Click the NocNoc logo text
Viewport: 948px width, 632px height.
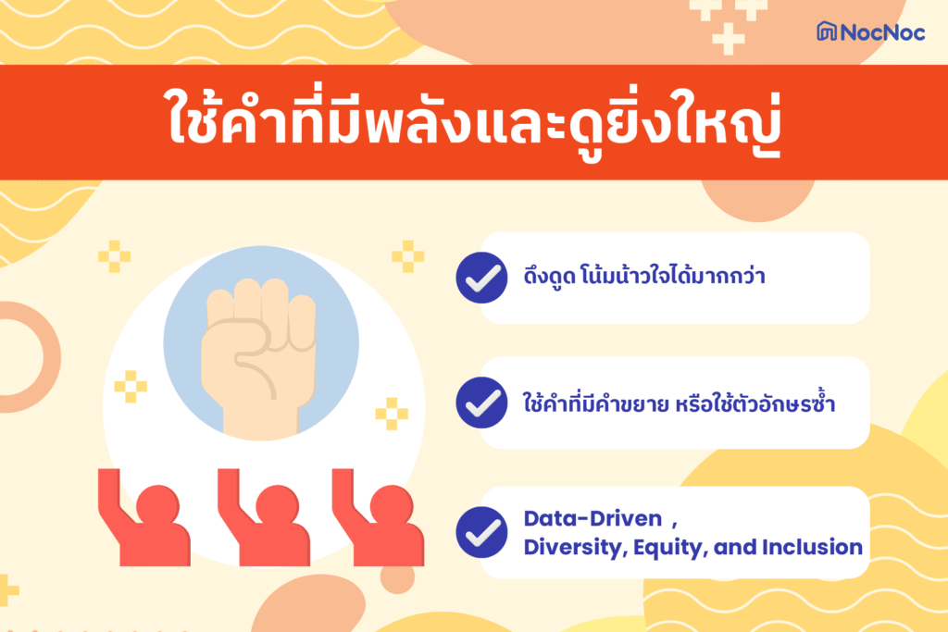point(882,32)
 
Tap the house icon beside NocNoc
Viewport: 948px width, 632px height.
point(827,31)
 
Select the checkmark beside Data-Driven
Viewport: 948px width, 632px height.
point(481,532)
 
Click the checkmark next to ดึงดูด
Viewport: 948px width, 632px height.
point(481,278)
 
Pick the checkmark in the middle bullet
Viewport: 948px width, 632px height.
point(481,403)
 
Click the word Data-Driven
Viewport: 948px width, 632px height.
point(593,518)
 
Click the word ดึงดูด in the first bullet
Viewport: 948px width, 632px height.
point(550,277)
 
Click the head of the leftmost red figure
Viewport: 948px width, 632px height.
point(158,504)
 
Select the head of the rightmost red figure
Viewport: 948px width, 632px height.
point(393,504)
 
